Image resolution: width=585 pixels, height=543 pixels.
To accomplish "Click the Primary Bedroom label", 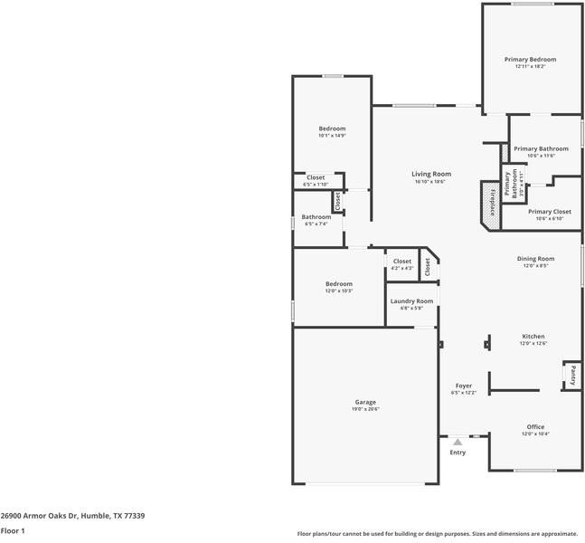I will [530, 60].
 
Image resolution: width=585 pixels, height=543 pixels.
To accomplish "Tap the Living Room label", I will [431, 174].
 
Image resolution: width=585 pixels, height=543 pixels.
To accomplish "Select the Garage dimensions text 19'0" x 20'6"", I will [365, 409].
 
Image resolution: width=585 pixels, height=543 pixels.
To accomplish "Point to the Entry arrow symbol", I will [458, 442].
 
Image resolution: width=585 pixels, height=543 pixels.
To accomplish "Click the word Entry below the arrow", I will [458, 452].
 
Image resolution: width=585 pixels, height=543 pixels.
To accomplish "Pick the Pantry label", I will [571, 375].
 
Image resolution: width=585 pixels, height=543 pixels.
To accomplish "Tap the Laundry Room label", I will [411, 300].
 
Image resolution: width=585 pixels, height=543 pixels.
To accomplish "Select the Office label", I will [535, 426].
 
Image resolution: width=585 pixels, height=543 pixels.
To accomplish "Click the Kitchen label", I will [532, 336].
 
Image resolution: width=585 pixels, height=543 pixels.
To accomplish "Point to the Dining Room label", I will [535, 259].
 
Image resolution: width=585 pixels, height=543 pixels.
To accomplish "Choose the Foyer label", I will [463, 386].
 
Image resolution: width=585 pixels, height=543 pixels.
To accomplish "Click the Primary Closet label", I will [550, 212].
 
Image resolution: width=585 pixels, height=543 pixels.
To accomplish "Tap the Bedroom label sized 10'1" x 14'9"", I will [332, 129].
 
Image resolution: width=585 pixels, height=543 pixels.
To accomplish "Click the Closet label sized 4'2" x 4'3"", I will [402, 262].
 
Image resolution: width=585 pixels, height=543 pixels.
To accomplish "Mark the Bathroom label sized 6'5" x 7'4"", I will [316, 216].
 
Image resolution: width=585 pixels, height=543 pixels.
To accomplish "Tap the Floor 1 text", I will [13, 531].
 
